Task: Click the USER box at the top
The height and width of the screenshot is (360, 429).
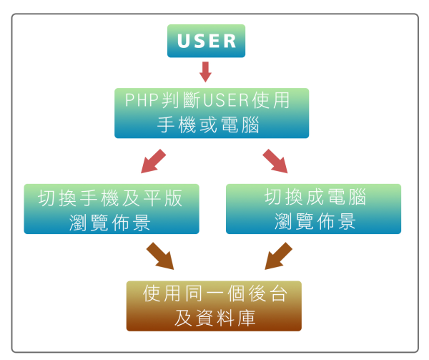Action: coord(206,41)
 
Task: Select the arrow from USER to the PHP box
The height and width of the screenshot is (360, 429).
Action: coord(206,72)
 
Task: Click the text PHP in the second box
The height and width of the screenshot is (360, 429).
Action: coord(140,100)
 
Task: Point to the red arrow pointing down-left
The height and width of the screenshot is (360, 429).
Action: coord(153,161)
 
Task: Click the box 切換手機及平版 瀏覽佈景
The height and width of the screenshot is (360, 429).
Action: coord(112,209)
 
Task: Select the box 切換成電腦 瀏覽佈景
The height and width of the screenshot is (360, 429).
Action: coord(313,209)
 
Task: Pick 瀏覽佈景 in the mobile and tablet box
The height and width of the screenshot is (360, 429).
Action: coord(111,221)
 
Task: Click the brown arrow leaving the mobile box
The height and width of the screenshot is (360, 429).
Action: coord(161,256)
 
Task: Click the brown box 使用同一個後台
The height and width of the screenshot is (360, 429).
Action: coord(214,306)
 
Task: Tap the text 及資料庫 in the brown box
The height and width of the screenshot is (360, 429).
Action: coord(214,318)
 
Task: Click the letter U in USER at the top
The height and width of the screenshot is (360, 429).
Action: coord(183,41)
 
